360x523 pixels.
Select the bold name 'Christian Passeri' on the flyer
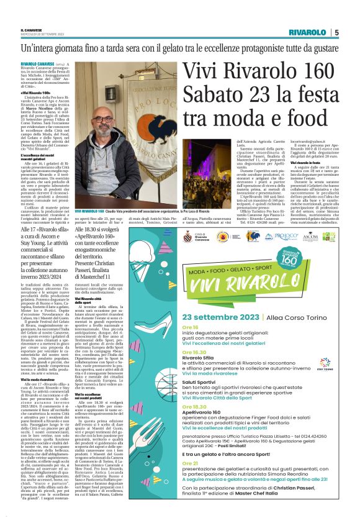click(304, 489)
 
